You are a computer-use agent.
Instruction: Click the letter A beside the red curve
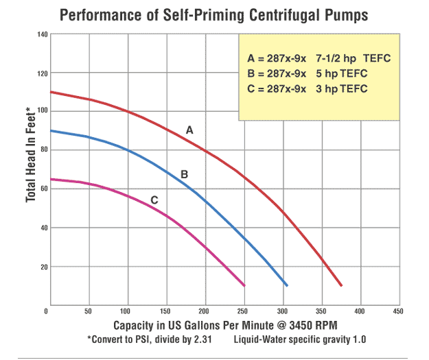click(189, 129)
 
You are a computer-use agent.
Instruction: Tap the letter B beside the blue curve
click(184, 175)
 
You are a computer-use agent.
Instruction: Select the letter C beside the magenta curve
click(154, 200)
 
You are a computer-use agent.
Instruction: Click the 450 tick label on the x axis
click(397, 313)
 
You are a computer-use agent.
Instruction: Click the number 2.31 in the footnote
click(209, 339)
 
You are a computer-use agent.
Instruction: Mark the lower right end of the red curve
click(341, 285)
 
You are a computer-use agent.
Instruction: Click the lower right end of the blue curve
click(286, 285)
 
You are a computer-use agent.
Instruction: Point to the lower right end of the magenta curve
click(244, 285)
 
